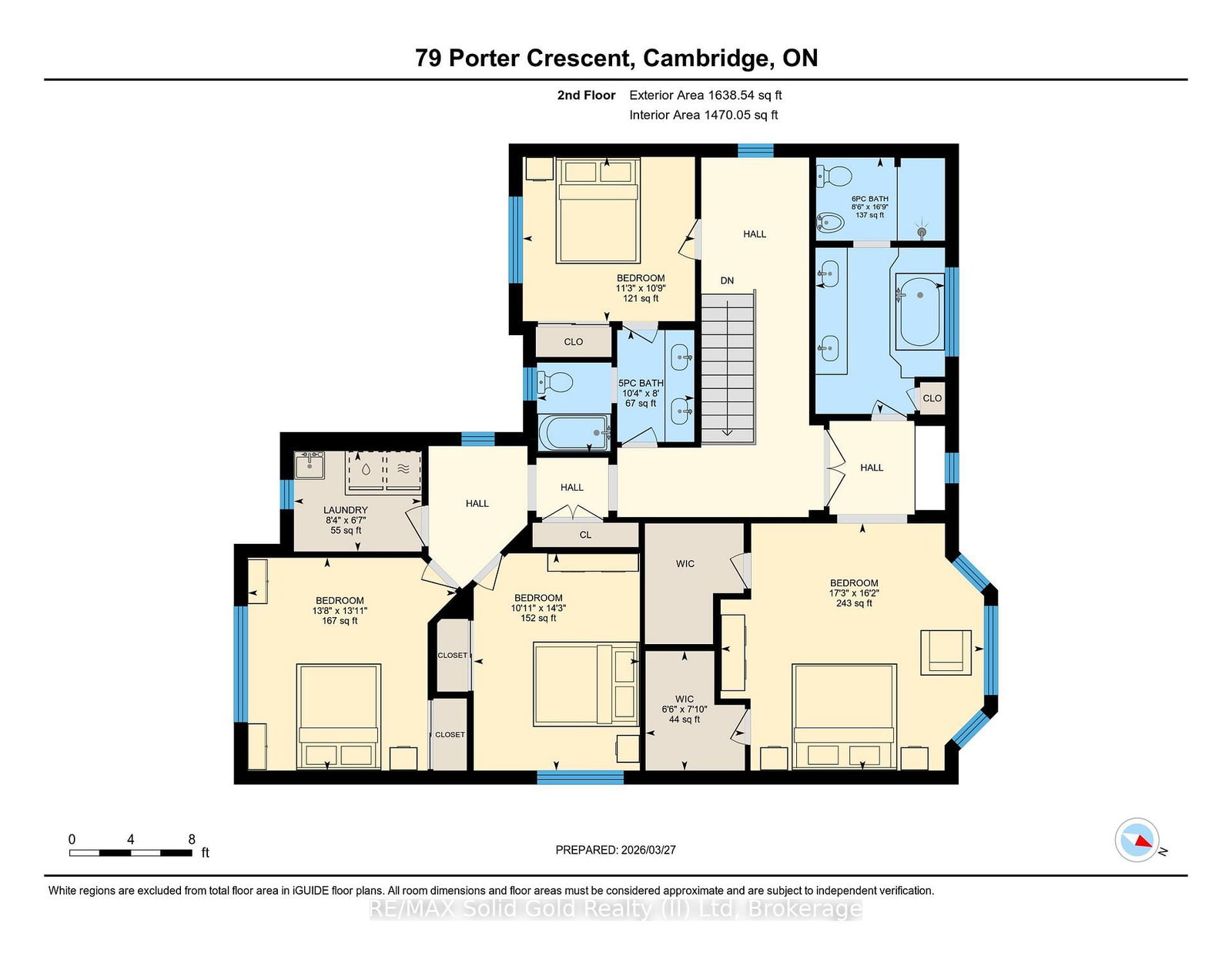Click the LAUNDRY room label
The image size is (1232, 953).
[x=345, y=510]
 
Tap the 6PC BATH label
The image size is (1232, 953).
[x=869, y=199]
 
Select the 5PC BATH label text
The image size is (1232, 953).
[x=641, y=383]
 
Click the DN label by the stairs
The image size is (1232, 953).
[x=727, y=280]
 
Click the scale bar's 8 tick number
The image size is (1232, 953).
[x=192, y=840]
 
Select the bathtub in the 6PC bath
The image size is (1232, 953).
[x=919, y=310]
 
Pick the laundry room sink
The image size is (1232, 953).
[x=310, y=465]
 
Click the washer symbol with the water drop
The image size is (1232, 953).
[x=366, y=470]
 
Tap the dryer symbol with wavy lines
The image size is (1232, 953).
[x=403, y=470]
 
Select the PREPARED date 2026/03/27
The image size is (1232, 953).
[x=648, y=850]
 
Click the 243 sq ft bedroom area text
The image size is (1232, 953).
[x=854, y=603]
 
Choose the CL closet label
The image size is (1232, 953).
[x=585, y=535]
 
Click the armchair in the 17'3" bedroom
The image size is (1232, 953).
[x=946, y=653]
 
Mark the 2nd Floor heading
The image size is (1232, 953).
[x=586, y=96]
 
